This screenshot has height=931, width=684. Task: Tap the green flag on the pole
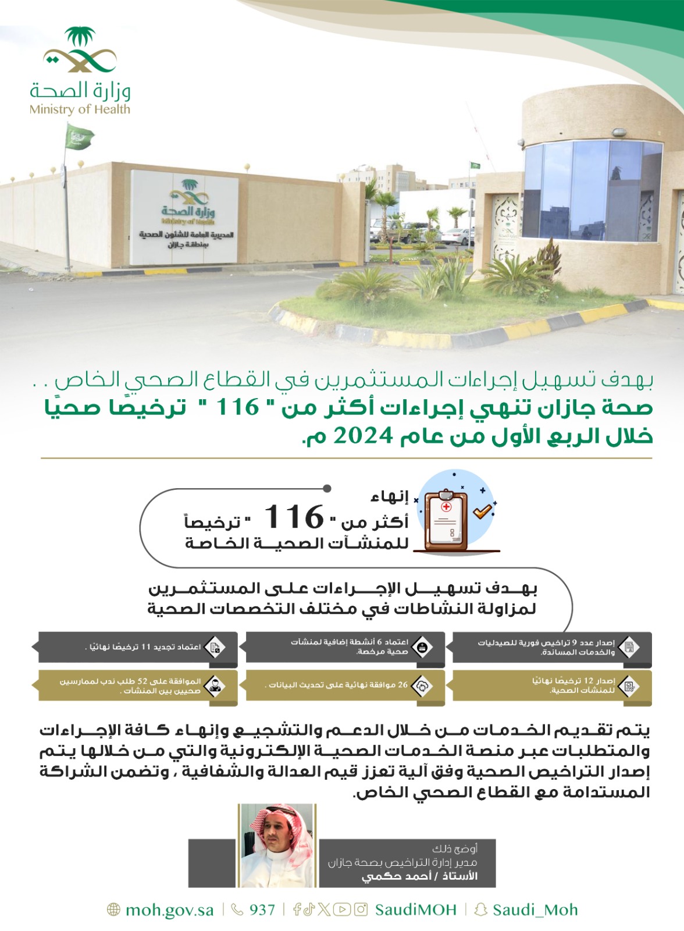coord(78,138)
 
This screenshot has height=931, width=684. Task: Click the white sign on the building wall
coord(184,216)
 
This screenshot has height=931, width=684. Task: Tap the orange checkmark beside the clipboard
coord(483,511)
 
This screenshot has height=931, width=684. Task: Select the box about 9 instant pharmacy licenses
coord(552,647)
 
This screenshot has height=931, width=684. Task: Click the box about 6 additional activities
coord(345,647)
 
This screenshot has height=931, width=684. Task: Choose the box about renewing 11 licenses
coord(138,647)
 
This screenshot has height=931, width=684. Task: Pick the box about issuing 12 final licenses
coord(552,685)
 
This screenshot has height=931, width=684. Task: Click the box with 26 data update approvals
coord(345,685)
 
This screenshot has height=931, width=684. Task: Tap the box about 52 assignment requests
coord(138,685)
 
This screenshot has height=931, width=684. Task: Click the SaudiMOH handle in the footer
coord(415,910)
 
